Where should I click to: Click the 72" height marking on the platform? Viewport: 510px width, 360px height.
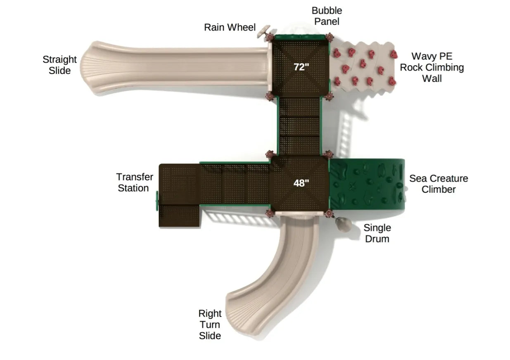click(x=301, y=67)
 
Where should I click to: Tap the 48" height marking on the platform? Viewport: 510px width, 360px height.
click(x=301, y=183)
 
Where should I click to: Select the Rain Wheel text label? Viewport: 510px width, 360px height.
click(x=230, y=27)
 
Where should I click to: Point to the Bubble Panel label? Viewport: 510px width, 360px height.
click(x=327, y=16)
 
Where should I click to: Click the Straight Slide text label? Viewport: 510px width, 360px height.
click(x=60, y=65)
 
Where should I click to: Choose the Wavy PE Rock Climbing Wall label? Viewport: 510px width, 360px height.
click(x=432, y=67)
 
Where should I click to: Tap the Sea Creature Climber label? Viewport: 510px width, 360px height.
click(x=439, y=184)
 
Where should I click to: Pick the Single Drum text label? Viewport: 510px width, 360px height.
click(x=377, y=233)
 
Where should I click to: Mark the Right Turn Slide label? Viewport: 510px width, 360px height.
click(x=210, y=324)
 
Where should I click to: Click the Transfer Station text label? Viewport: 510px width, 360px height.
click(x=135, y=182)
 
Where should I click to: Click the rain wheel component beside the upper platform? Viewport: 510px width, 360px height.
click(x=263, y=31)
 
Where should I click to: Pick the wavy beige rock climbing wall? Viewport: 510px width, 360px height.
click(x=364, y=66)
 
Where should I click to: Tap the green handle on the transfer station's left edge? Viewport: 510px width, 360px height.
click(x=157, y=200)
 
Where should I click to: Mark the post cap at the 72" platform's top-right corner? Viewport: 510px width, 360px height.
click(x=329, y=38)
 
